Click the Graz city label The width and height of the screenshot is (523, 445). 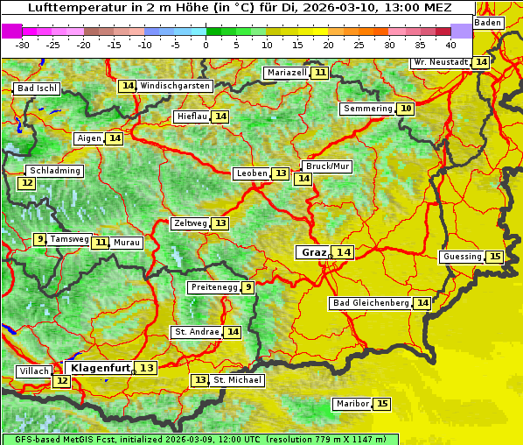pyautogui.click(x=313, y=252)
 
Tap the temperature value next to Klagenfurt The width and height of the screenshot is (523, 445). pyautogui.click(x=147, y=368)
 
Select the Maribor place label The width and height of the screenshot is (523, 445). pyautogui.click(x=352, y=404)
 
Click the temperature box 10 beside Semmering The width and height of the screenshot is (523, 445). pyautogui.click(x=405, y=109)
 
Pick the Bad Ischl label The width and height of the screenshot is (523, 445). pyautogui.click(x=37, y=88)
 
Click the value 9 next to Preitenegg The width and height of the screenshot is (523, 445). pyautogui.click(x=248, y=287)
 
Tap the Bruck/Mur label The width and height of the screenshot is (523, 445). pyautogui.click(x=326, y=166)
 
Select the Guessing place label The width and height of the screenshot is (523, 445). pyautogui.click(x=462, y=257)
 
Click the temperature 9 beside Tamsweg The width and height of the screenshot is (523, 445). pyautogui.click(x=39, y=239)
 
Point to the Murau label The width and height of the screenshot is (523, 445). pyautogui.click(x=128, y=243)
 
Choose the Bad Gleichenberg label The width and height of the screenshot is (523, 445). pyautogui.click(x=371, y=303)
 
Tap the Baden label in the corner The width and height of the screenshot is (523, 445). pyautogui.click(x=488, y=23)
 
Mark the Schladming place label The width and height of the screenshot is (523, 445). pyautogui.click(x=54, y=171)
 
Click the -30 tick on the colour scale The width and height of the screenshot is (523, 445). pyautogui.click(x=23, y=44)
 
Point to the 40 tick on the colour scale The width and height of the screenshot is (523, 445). pyautogui.click(x=450, y=44)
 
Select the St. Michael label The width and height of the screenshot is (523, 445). pyautogui.click(x=237, y=380)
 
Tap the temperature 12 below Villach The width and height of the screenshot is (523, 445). pyautogui.click(x=61, y=381)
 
